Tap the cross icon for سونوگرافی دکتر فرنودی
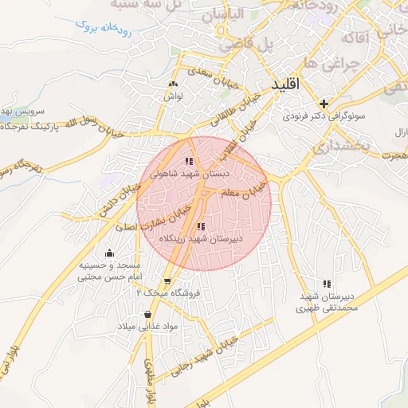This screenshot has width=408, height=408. click(324, 104)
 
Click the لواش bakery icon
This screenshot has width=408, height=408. click(174, 84)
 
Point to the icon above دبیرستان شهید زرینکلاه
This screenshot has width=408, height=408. click(199, 226)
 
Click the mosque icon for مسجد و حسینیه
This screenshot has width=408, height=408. click(109, 253)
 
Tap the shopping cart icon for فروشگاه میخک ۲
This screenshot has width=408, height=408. click(167, 281)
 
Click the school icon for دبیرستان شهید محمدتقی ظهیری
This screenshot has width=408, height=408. click(326, 284)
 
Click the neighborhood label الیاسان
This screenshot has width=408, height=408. click(222, 14)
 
